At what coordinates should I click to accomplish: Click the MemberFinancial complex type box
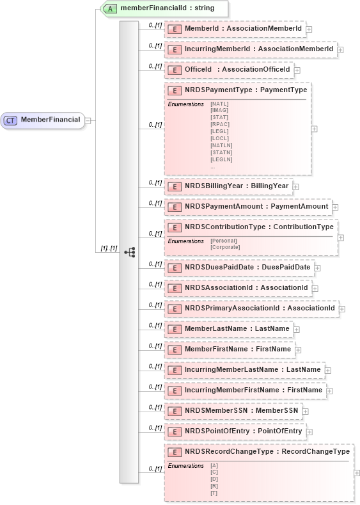coord(43,120)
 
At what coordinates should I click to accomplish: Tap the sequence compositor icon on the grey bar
coord(129,252)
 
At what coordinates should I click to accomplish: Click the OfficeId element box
coord(228,69)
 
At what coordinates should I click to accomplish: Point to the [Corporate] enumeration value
coord(225,247)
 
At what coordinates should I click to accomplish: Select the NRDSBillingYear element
coord(228,186)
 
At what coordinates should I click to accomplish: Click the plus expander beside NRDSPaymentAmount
coord(335,207)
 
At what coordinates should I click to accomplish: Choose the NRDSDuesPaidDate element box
coord(238,268)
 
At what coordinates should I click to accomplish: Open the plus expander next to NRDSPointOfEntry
coord(309,432)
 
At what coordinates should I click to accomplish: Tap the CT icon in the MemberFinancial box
coord(11,120)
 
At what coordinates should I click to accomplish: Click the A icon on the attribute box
coord(111,9)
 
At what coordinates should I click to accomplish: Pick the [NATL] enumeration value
coord(219,103)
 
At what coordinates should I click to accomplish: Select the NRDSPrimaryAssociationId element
coord(251,309)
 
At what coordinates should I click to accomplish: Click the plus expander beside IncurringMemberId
coord(340,49)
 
